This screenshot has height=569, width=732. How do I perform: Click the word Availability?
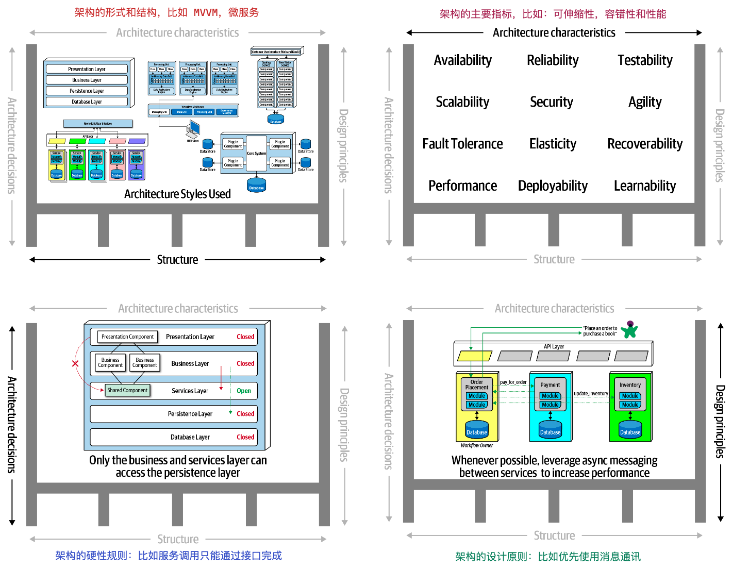(x=462, y=60)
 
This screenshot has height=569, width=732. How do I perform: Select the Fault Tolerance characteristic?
(x=462, y=144)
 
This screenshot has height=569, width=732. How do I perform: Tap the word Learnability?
(x=644, y=186)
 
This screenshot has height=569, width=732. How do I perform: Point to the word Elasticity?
(x=553, y=144)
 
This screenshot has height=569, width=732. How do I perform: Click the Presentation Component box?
(x=127, y=337)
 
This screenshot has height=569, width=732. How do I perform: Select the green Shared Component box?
(x=127, y=390)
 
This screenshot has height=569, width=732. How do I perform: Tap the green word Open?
(x=244, y=391)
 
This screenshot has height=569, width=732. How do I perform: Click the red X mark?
(x=75, y=363)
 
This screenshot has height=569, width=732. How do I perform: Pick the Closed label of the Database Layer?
(x=245, y=437)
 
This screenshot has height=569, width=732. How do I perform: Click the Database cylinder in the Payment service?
(x=550, y=430)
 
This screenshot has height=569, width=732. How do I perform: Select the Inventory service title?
(x=630, y=385)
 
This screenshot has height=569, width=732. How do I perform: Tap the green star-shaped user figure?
(x=629, y=330)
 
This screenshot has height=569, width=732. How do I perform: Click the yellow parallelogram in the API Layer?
(x=475, y=356)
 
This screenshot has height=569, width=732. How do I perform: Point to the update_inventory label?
(x=591, y=394)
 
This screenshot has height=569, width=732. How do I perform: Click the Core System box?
(x=256, y=153)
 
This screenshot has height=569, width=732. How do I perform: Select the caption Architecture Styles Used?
(x=177, y=194)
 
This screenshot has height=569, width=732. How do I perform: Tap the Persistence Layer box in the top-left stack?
(x=87, y=91)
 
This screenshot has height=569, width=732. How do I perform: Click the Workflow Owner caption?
(x=476, y=445)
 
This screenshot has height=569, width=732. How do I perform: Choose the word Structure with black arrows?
(x=177, y=260)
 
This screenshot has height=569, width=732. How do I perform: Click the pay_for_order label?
(x=513, y=382)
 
